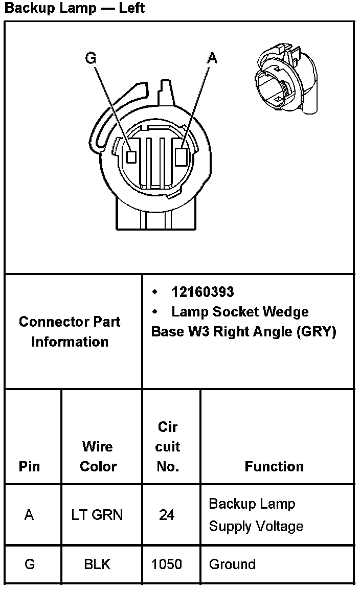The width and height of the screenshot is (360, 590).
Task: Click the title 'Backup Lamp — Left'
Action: point(75,8)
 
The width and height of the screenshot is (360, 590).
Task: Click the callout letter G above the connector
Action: point(91,58)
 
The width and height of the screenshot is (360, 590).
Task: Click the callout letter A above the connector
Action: point(212,58)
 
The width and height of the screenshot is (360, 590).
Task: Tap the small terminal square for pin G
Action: point(131,156)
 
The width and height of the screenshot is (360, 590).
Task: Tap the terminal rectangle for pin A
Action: point(181,156)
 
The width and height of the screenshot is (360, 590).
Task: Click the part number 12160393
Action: point(202,292)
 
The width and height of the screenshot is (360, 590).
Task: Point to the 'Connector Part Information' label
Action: point(70,332)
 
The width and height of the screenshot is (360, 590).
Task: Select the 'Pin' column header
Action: point(29,466)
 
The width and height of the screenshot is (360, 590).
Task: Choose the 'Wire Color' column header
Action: point(98,457)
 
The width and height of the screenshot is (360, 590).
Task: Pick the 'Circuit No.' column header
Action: point(168,446)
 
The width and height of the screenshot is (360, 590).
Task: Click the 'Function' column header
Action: point(274,466)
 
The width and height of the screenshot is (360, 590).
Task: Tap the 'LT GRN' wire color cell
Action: point(97,515)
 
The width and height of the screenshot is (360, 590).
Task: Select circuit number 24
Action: point(167,515)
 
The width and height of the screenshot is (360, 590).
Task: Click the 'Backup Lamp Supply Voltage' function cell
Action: point(256,515)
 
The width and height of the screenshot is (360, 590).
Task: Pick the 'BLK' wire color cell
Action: point(97,564)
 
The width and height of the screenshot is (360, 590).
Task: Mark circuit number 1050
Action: point(167,564)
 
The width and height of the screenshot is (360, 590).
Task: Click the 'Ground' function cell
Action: point(232,564)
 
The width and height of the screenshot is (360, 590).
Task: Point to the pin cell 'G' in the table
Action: point(29,564)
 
